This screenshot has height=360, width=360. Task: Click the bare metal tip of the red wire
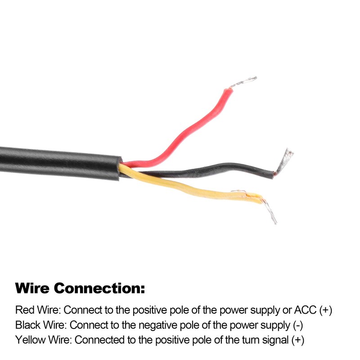[244, 82]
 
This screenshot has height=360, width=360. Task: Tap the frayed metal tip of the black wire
[284, 161]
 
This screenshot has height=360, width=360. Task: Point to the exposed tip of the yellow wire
[270, 210]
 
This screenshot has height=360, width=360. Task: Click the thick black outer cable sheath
[60, 163]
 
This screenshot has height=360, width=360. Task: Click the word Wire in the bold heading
[32, 288]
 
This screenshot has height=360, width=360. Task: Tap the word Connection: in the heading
[99, 288]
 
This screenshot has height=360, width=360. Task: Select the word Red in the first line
[25, 310]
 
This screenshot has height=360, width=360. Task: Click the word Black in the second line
[28, 325]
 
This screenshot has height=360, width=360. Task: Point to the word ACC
[305, 310]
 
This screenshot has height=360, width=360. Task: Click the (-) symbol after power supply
[298, 325]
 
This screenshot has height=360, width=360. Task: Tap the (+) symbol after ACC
[325, 310]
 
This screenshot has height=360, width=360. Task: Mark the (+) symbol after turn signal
[298, 341]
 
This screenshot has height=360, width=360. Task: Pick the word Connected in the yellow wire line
[99, 340]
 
